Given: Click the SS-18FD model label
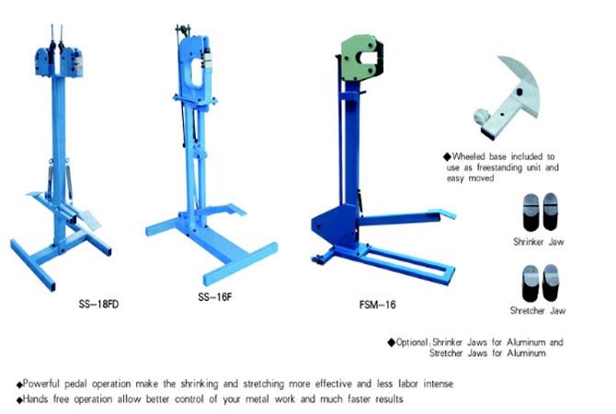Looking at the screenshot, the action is (x=98, y=305).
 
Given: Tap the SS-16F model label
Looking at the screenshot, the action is (x=215, y=297).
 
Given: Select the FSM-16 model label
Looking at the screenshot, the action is (x=377, y=305).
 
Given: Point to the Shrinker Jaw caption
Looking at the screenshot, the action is (x=538, y=242).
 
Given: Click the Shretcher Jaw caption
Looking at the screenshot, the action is (x=538, y=311).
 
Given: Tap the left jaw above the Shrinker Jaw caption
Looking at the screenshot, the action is (x=530, y=212).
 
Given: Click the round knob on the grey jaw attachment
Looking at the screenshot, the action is (x=481, y=117).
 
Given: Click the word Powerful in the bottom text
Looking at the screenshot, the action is (x=40, y=384).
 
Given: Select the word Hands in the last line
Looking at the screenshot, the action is (x=36, y=399).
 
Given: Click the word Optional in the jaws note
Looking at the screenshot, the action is (x=411, y=342).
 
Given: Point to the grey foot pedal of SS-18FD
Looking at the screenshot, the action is (x=90, y=219).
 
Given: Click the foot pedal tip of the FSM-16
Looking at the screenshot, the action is (x=448, y=214).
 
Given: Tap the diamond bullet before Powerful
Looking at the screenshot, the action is (x=19, y=385).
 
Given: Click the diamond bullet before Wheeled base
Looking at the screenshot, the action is (x=447, y=157).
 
